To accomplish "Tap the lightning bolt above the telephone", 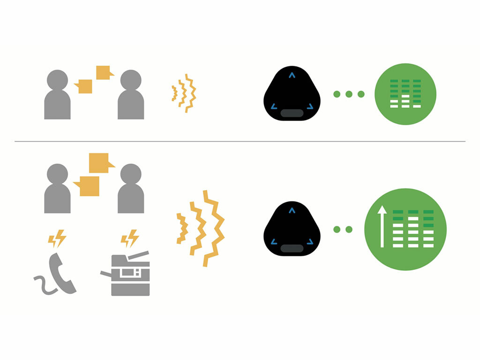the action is pyautogui.click(x=57, y=239).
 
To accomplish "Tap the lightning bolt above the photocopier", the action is pyautogui.click(x=130, y=238).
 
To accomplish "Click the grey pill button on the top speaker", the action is pyautogui.click(x=292, y=113).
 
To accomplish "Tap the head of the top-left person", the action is pyautogui.click(x=57, y=80).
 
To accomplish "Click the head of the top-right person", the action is pyautogui.click(x=131, y=80).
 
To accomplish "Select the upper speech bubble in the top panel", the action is pyautogui.click(x=104, y=73).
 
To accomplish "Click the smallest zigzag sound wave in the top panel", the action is pyautogui.click(x=174, y=93).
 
